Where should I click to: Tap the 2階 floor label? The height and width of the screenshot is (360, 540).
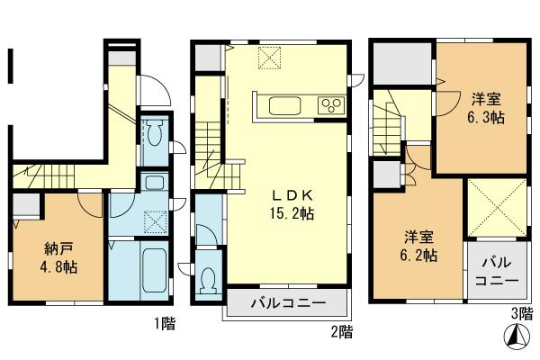click(340, 331)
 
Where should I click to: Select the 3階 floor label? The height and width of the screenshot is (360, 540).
click(520, 314)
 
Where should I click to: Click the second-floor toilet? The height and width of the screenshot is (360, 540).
click(210, 282)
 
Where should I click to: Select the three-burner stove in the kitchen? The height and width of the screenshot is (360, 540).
click(330, 105)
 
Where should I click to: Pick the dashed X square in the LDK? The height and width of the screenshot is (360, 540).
click(270, 59)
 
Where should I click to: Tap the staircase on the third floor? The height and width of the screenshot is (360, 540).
click(388, 121)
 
